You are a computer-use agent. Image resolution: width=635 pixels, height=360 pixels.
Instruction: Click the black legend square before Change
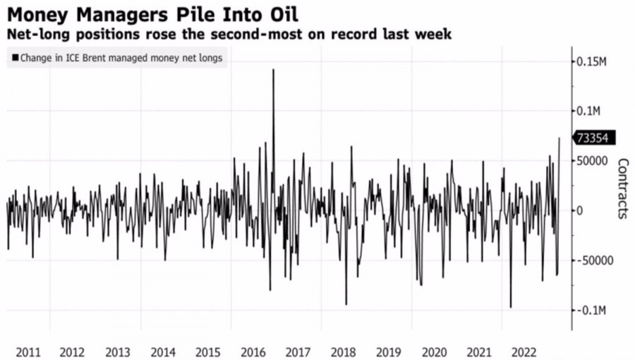click(16, 58)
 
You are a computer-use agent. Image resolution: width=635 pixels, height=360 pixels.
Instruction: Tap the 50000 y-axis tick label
click(592, 161)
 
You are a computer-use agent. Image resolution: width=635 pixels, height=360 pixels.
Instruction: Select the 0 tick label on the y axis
click(580, 210)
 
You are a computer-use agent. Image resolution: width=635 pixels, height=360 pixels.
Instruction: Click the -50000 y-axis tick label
click(593, 260)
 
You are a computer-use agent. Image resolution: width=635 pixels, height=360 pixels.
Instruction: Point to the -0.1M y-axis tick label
click(591, 311)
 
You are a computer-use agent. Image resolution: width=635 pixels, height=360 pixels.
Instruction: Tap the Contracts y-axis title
click(622, 188)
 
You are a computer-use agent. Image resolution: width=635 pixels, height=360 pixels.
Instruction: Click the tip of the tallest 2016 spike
click(273, 69)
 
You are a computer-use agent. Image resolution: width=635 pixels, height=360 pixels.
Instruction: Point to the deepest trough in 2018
click(346, 304)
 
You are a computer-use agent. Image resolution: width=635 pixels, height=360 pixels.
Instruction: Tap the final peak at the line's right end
click(560, 138)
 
